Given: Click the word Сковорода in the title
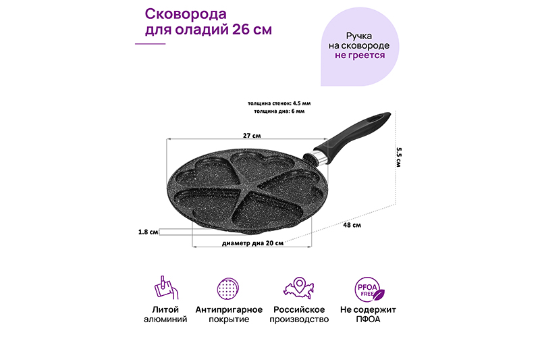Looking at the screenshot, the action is (x=186, y=14).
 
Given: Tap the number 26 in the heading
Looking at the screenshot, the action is (x=241, y=30).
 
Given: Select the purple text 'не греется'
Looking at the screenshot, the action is (x=360, y=55).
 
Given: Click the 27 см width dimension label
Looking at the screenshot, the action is (x=252, y=135).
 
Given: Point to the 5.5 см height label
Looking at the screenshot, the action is (x=398, y=157).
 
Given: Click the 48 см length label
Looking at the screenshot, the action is (x=352, y=225).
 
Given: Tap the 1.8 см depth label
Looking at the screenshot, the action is (x=148, y=232).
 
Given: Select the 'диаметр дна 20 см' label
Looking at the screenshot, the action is (x=252, y=243).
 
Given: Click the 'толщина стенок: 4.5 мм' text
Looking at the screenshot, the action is (x=279, y=103).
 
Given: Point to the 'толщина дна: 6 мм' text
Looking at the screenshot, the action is (x=279, y=111).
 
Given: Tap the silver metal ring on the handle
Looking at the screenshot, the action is (x=319, y=157).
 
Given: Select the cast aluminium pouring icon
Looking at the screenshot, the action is (x=165, y=288).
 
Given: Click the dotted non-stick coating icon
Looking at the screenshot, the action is (x=228, y=288).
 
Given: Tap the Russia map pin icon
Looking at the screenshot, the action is (x=299, y=288).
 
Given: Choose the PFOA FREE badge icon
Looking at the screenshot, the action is (x=369, y=289).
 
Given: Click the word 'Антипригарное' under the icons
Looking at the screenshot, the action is (x=229, y=309).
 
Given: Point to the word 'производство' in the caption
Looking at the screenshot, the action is (x=299, y=319).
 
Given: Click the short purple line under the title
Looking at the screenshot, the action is (x=150, y=44).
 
